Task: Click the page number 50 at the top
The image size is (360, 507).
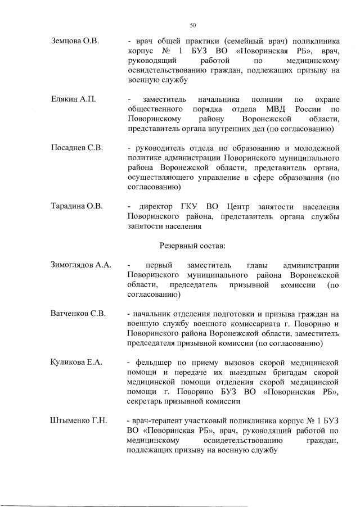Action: coord(193,25)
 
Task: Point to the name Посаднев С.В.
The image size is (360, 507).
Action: coord(76,148)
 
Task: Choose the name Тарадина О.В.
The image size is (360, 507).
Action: coord(76,206)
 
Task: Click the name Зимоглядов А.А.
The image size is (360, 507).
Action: coord(81,265)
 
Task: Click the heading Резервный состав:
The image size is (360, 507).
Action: coord(192,246)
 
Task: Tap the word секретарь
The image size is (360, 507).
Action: coord(147,401)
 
